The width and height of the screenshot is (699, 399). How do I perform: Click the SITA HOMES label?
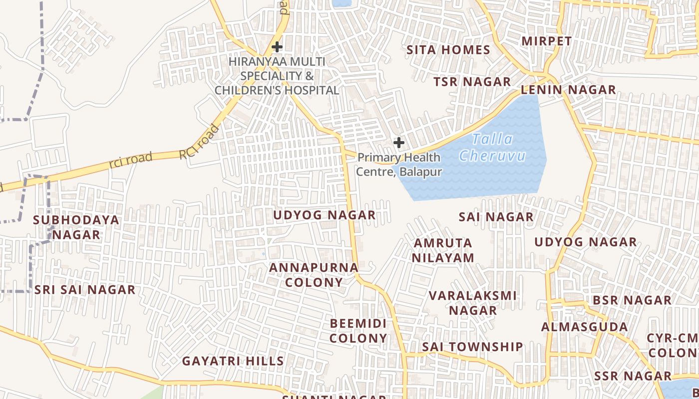pos(448,50)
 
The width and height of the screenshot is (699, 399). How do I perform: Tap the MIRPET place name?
pos(547,41)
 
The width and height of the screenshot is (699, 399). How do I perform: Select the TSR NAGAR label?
pos(472,82)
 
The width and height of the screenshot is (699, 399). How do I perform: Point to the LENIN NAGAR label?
pos(568,90)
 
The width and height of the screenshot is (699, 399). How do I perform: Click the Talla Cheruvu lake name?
pos(492,147)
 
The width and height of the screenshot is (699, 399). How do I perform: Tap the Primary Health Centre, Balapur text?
pos(399,165)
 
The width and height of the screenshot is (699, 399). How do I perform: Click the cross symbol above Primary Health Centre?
pos(398,143)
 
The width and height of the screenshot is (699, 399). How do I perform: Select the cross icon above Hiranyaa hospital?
pos(277,47)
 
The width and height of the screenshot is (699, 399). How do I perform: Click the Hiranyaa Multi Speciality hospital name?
pos(277,76)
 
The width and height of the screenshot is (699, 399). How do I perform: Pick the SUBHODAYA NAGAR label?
pos(76,227)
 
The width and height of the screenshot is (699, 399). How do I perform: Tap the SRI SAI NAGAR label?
pos(85,290)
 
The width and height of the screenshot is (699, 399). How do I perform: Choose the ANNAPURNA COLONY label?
pos(314,275)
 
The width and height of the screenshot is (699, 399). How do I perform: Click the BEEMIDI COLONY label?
pos(358,331)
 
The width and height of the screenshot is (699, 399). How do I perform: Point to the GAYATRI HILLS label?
pos(233,361)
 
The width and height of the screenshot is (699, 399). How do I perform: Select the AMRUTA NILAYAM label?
pos(442,250)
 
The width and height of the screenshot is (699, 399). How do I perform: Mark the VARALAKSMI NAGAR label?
pos(473,303)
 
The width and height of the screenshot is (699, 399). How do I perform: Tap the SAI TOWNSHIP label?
pos(472,347)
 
